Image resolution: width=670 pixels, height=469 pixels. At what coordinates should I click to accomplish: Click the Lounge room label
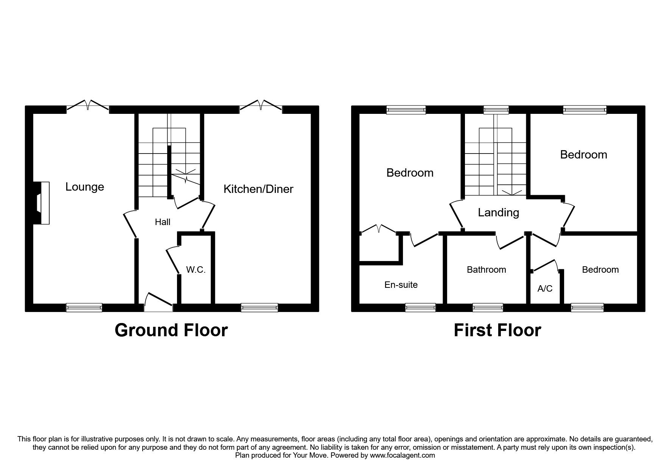(85, 187)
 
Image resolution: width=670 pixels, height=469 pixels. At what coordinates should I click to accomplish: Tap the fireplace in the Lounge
(42, 203)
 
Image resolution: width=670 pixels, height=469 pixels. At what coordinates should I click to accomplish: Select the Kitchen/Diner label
(258, 189)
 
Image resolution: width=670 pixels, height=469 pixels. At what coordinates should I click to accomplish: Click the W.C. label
(196, 270)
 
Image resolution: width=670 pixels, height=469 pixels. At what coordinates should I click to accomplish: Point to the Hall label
(163, 222)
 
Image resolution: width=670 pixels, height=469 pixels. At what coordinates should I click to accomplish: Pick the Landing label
(498, 213)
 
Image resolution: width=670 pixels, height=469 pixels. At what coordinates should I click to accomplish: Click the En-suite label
(401, 285)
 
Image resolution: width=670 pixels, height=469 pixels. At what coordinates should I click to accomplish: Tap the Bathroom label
(486, 270)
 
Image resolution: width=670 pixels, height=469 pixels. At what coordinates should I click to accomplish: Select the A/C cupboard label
(545, 289)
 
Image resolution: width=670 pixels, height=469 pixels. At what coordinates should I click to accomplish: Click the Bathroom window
(488, 308)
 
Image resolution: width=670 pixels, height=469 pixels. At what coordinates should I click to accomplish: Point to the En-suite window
(420, 308)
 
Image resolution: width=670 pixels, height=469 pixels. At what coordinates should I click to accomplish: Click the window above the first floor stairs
(496, 110)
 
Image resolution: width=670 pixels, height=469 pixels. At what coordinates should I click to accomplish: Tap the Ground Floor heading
(171, 330)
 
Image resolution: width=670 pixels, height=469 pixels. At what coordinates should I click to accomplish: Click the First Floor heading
(497, 330)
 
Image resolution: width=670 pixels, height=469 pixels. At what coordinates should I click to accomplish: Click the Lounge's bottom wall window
(84, 308)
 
